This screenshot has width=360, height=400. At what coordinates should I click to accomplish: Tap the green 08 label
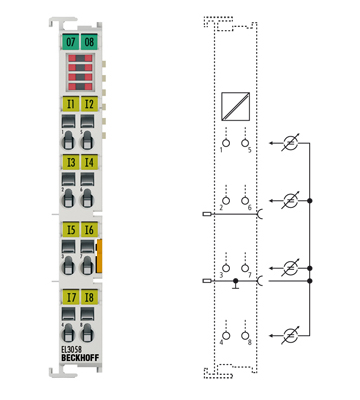(89, 42)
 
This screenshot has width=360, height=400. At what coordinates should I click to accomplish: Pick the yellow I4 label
(89, 162)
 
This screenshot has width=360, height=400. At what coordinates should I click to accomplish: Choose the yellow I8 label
(89, 297)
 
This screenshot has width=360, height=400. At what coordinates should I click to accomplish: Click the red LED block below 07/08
(80, 72)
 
